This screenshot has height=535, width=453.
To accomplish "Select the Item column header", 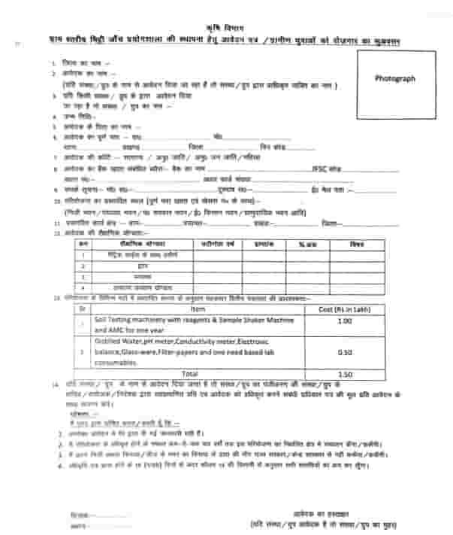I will (x=197, y=309).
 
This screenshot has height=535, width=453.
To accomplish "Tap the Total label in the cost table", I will (x=191, y=373).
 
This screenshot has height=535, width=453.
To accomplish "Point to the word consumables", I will (x=116, y=363).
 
